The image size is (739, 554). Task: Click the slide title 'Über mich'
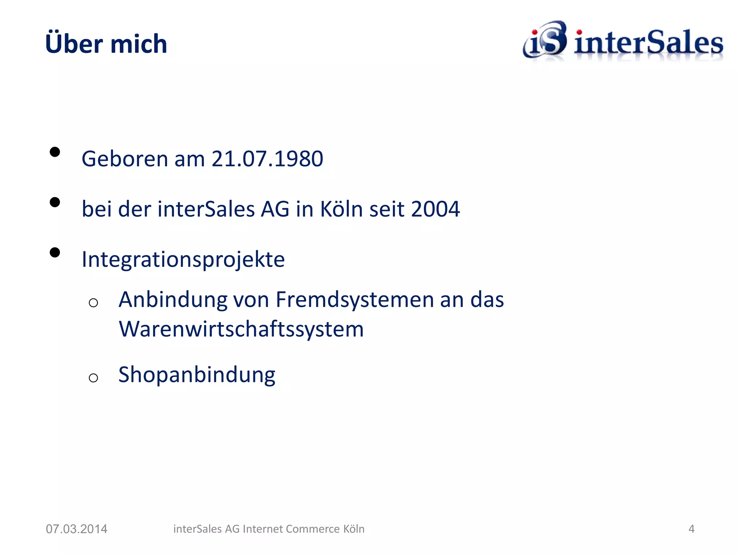coord(106,44)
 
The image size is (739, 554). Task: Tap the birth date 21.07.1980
coord(267,159)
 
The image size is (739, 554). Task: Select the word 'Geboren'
coord(125,159)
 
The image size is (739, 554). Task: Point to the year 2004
coord(435,209)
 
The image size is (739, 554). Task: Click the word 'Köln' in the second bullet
coord(341,209)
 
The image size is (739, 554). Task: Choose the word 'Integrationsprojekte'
coord(183,260)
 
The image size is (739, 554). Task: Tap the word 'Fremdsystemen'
coord(354,300)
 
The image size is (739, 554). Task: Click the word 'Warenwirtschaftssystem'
coord(241,329)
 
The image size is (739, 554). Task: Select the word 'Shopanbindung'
coord(197,375)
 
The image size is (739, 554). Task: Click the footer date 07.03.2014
coord(76,529)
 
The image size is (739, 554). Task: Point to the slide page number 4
coord(691,529)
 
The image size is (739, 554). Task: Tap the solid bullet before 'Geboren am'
coord(55,152)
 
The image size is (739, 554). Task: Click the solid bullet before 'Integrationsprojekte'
coord(55,252)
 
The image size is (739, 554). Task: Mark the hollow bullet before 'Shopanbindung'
coord(93,378)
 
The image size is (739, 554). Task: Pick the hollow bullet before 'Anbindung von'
coord(93,303)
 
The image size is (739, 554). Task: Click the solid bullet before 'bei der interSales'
coord(55,202)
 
